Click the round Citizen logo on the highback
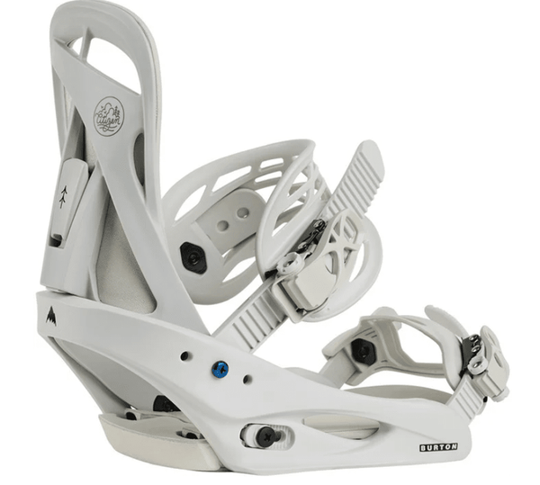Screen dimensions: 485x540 [109, 116]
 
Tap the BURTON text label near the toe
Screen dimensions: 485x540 [437, 447]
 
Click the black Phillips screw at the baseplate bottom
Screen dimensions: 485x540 [265, 436]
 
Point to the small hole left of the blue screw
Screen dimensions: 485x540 [184, 356]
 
